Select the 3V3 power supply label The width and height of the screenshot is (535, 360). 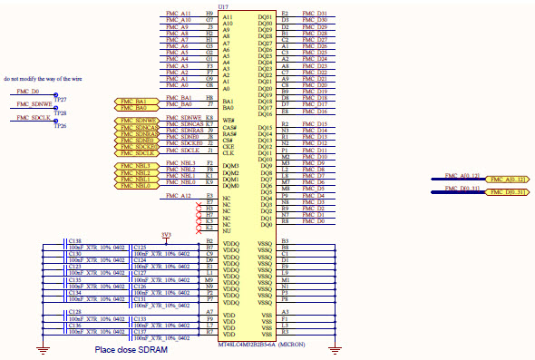pyautogui.click(x=166, y=235)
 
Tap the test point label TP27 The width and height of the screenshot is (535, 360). pyautogui.click(x=61, y=99)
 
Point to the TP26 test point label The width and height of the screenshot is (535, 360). pyautogui.click(x=61, y=126)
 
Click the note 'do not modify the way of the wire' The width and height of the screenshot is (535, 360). pyautogui.click(x=41, y=79)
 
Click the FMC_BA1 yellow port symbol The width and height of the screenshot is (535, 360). pyautogui.click(x=136, y=99)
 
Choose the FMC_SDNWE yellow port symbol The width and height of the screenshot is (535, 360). pyautogui.click(x=136, y=120)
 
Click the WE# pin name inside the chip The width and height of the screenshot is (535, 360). pyautogui.click(x=229, y=120)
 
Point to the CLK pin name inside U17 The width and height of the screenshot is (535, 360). pyautogui.click(x=229, y=151)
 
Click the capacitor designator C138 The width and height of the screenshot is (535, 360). pyautogui.click(x=75, y=240)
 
